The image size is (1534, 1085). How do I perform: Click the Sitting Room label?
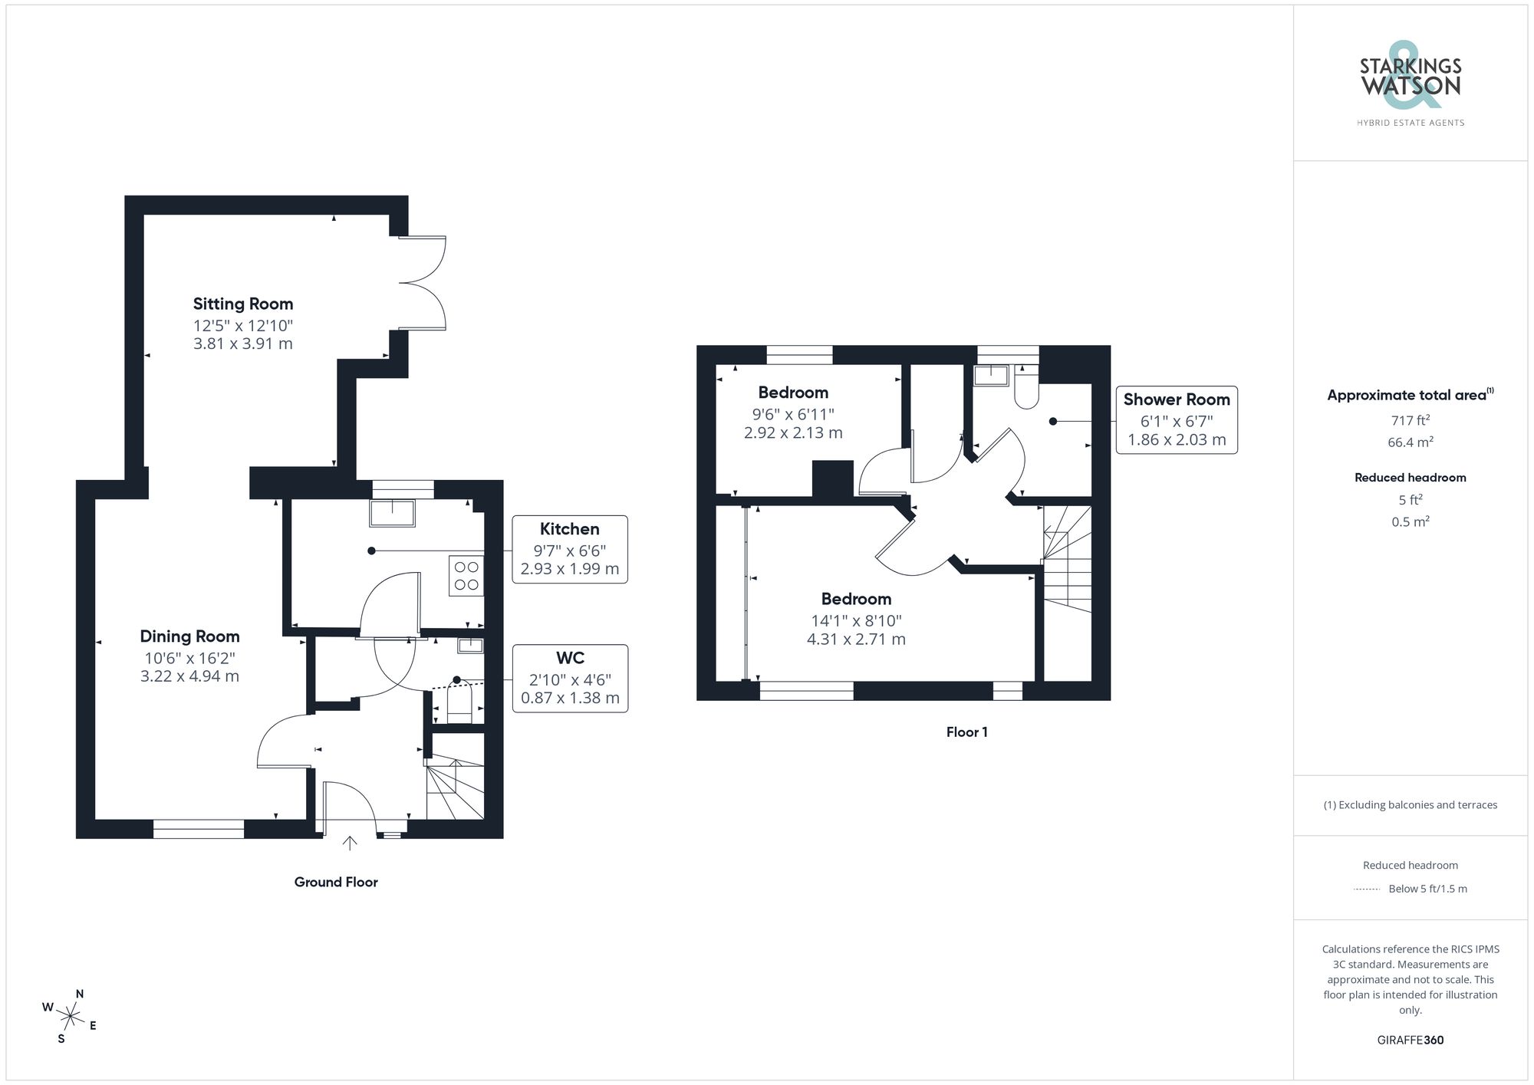[242, 304]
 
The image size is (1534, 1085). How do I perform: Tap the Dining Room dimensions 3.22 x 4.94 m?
[189, 676]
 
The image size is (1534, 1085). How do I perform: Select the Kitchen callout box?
[569, 549]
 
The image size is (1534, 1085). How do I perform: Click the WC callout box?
[569, 679]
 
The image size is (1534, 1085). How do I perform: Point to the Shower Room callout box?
[1176, 419]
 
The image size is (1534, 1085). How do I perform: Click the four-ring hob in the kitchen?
[466, 576]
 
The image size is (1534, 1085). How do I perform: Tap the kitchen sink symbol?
[392, 513]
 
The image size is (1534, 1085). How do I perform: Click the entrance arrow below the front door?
[350, 843]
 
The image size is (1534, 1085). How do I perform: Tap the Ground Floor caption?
[336, 882]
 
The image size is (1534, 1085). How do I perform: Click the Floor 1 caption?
[966, 732]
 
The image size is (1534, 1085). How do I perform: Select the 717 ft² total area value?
[1410, 420]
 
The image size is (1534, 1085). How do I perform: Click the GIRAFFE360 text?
[1410, 1040]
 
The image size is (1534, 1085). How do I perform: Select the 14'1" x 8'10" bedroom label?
[856, 620]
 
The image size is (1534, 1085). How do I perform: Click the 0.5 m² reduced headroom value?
[1410, 521]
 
